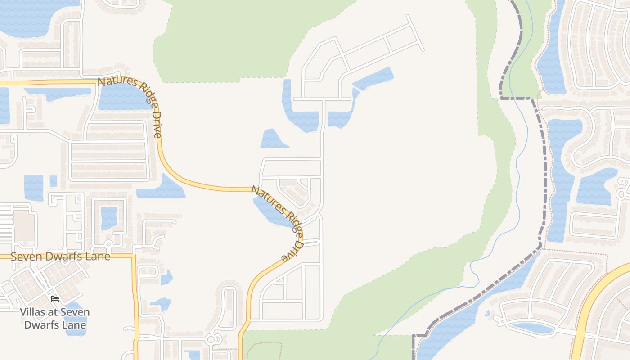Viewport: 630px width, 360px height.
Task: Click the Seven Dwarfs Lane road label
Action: pos(60,256)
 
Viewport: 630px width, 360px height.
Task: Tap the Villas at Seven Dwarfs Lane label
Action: pos(54,318)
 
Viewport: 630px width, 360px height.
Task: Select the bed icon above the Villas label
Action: pos(55,298)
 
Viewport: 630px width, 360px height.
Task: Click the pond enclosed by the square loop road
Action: pos(108,218)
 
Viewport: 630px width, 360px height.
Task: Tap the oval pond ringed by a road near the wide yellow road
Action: pos(532,328)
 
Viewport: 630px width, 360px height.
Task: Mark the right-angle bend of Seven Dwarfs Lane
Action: pos(134,256)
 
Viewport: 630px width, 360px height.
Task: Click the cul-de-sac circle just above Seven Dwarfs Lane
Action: pos(108,244)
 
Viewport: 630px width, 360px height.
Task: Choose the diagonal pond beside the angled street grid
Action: pos(373,78)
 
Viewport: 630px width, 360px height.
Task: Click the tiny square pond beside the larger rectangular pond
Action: pos(53,181)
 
